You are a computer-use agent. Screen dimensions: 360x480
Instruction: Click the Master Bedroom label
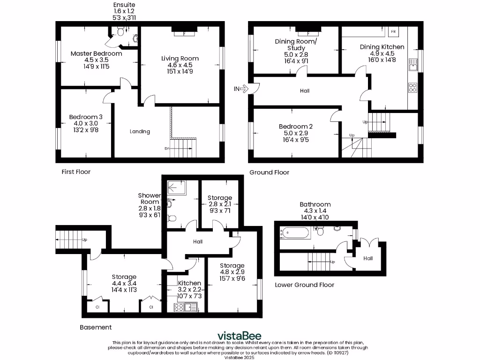point(96,54)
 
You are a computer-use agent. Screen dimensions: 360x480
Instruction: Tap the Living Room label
point(180,59)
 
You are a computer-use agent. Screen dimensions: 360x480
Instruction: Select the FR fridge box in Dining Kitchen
point(393,32)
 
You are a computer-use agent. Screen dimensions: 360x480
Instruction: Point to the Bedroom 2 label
point(295,127)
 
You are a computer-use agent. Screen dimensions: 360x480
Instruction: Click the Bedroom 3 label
point(86,117)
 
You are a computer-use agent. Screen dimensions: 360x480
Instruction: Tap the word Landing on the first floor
point(140,132)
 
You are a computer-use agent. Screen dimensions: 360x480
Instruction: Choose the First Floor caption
point(76,172)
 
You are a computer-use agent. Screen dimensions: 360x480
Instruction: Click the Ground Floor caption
point(269,172)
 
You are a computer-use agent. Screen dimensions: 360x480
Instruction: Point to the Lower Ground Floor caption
point(304,285)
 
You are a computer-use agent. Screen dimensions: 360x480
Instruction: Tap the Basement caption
point(96,327)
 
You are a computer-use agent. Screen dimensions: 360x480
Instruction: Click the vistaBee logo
point(239,336)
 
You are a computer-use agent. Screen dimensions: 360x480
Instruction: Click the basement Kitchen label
point(189,283)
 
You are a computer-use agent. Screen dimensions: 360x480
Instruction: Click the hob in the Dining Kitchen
point(413,88)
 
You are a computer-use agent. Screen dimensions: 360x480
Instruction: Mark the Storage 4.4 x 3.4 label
point(124,277)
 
